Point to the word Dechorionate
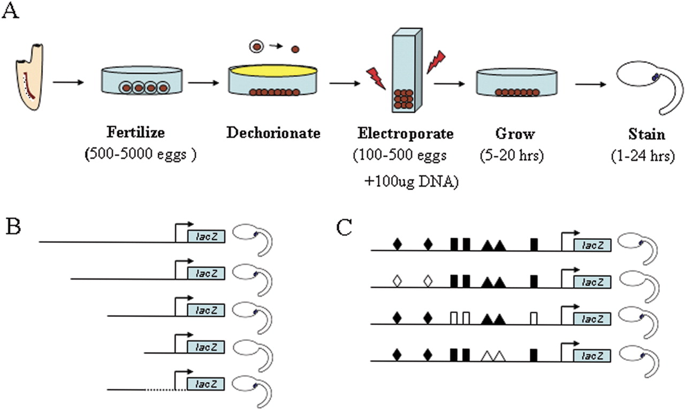point(273,133)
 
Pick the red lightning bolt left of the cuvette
point(377,79)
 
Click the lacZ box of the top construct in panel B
point(206,237)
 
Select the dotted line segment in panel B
point(165,389)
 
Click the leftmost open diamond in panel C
point(397,280)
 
